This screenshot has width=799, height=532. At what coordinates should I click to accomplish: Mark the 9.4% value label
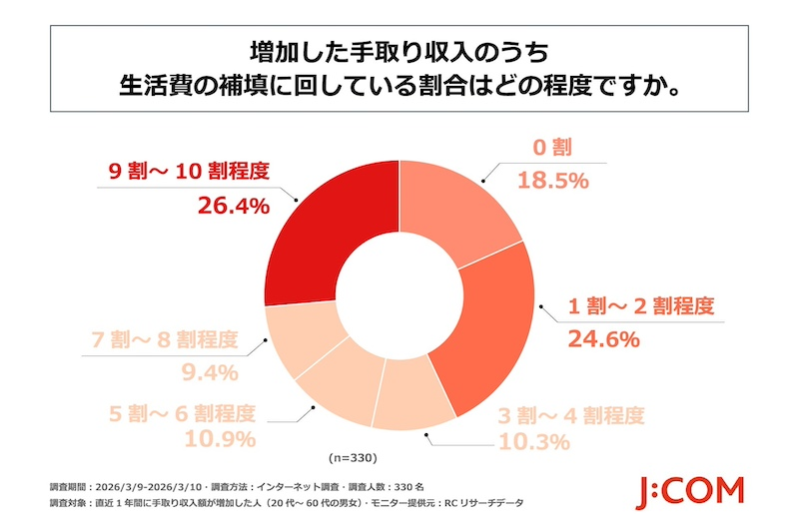210,373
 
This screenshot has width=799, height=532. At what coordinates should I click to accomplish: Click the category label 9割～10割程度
189,171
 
